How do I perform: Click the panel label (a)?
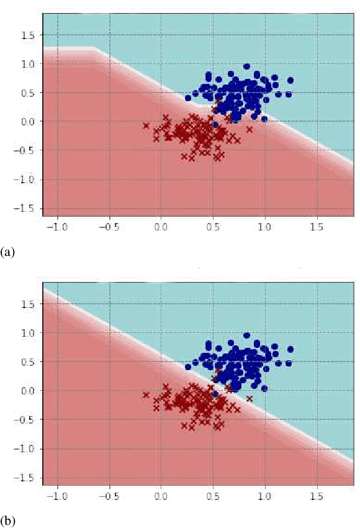pyautogui.click(x=7, y=252)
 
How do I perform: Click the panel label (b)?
pyautogui.click(x=7, y=521)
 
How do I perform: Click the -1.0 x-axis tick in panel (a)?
pyautogui.click(x=58, y=225)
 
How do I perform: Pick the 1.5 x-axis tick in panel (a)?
pyautogui.click(x=317, y=225)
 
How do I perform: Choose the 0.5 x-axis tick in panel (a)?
pyautogui.click(x=213, y=225)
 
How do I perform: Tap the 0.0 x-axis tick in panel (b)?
pyautogui.click(x=161, y=496)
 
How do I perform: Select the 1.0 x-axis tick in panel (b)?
pyautogui.click(x=265, y=496)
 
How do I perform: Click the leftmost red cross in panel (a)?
pyautogui.click(x=146, y=125)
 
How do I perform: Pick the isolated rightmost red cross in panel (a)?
pyautogui.click(x=250, y=130)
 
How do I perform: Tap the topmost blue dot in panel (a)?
pyautogui.click(x=246, y=66)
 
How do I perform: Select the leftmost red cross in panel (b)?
pyautogui.click(x=146, y=394)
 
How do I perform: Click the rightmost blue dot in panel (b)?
pyautogui.click(x=290, y=349)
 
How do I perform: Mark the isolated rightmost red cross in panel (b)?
pyautogui.click(x=250, y=399)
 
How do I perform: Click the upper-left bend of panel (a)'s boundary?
pyautogui.click(x=94, y=48)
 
